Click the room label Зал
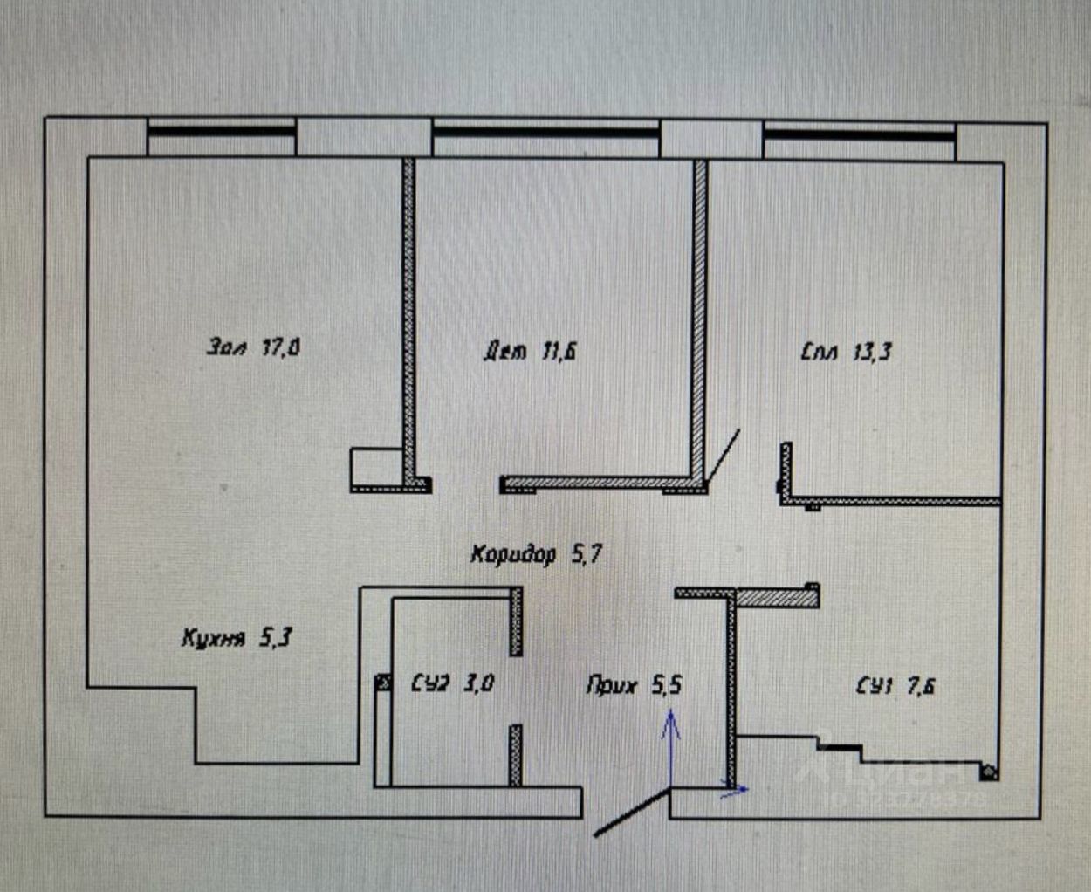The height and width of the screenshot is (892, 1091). click(x=228, y=347)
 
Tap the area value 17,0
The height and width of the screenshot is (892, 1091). click(x=281, y=348)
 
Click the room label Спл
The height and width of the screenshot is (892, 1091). click(x=820, y=353)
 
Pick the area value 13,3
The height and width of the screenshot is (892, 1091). click(x=870, y=353)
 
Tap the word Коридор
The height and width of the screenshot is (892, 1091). click(x=513, y=554)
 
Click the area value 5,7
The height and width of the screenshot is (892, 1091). click(x=586, y=554)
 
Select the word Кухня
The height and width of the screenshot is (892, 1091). click(x=212, y=638)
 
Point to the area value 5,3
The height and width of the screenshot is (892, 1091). click(x=275, y=638)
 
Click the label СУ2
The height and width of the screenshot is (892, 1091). click(x=429, y=683)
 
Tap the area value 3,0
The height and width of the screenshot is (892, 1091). click(x=477, y=683)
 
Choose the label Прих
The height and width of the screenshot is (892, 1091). click(x=611, y=686)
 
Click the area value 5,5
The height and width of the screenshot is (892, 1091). click(x=666, y=686)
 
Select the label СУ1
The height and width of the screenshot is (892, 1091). click(x=875, y=687)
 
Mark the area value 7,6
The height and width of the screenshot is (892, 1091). click(x=921, y=687)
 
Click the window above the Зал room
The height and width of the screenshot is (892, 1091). click(x=221, y=132)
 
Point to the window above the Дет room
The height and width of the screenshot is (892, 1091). click(x=545, y=133)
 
